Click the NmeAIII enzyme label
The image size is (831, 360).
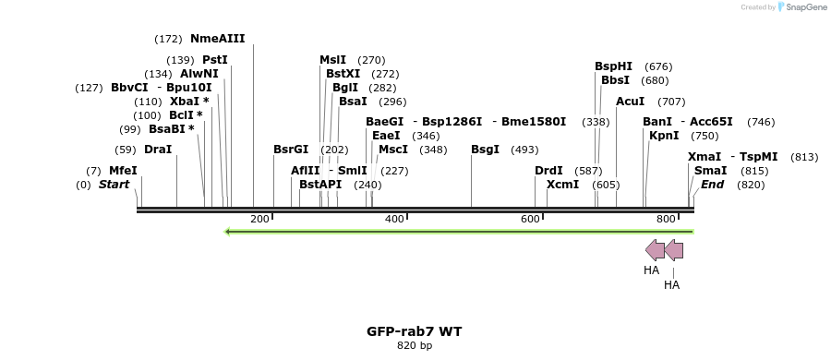click(218, 39)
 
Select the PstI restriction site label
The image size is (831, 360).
click(214, 60)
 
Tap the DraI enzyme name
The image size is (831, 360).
click(158, 150)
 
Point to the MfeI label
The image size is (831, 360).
click(123, 171)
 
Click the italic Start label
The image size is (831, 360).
click(114, 185)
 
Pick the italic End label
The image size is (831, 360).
click(712, 185)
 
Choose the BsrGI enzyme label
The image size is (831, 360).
click(291, 150)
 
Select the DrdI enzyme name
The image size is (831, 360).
click(548, 171)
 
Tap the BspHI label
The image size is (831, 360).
click(613, 66)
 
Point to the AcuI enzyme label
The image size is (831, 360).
click(630, 102)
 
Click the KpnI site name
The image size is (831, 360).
click(664, 136)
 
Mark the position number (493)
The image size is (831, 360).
click(524, 150)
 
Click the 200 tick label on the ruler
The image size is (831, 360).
click(259, 219)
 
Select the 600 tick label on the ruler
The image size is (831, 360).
click(530, 219)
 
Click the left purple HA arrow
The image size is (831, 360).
click(654, 249)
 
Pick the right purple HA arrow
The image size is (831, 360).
click(674, 249)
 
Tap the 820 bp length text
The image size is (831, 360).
click(414, 346)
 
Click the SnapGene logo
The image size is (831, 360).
click(801, 7)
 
